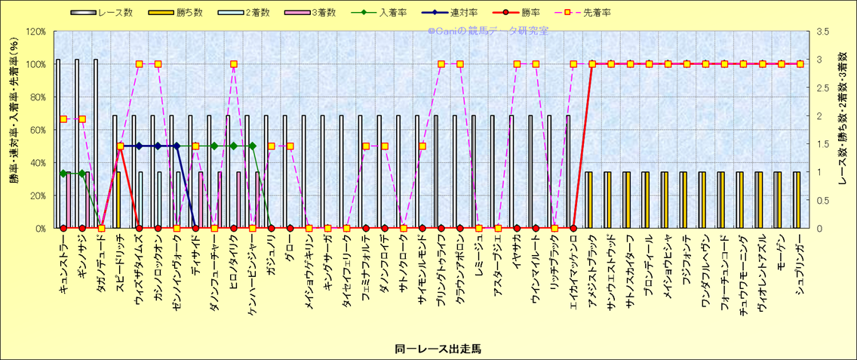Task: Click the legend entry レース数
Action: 113,13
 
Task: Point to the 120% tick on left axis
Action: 35,32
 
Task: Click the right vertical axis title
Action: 843,121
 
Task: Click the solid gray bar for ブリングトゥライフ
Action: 436,172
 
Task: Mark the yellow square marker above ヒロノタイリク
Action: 233,64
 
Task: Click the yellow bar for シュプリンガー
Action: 797,200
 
